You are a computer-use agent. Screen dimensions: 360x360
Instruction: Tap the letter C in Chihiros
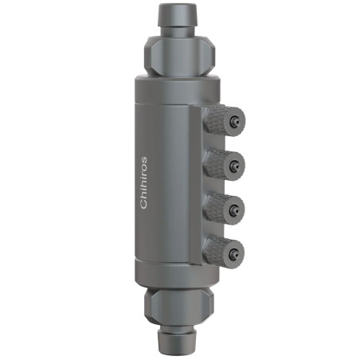[x=144, y=205]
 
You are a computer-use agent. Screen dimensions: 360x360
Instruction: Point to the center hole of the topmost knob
[x=236, y=121]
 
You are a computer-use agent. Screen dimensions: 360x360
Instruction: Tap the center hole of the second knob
[x=236, y=165]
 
